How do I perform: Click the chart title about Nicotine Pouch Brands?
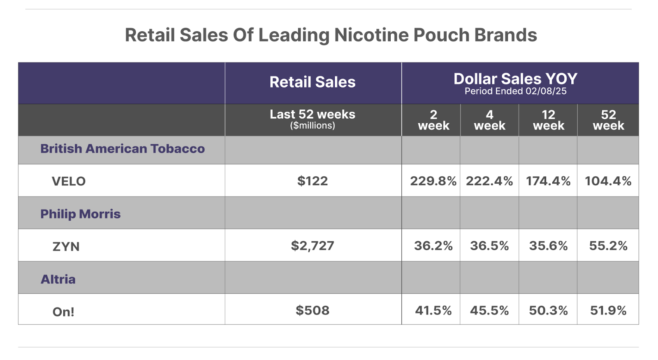(331, 35)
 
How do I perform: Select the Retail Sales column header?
(313, 82)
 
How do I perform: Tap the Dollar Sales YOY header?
(515, 78)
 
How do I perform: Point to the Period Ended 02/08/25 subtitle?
(515, 91)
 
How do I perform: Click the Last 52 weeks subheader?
(313, 115)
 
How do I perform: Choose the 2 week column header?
(433, 120)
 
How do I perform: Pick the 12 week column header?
(549, 120)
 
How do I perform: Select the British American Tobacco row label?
(122, 149)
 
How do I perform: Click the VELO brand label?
(69, 181)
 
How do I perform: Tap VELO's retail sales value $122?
(313, 181)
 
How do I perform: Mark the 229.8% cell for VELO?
(433, 181)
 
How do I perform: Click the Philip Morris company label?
(80, 214)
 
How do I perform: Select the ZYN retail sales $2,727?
(313, 246)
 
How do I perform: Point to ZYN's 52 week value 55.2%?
(608, 246)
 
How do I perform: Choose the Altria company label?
(58, 279)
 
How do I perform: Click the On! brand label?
(63, 312)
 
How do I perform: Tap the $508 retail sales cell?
(313, 310)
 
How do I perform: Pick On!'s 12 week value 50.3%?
(548, 310)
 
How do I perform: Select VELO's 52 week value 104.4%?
(608, 181)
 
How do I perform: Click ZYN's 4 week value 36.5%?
(489, 246)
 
